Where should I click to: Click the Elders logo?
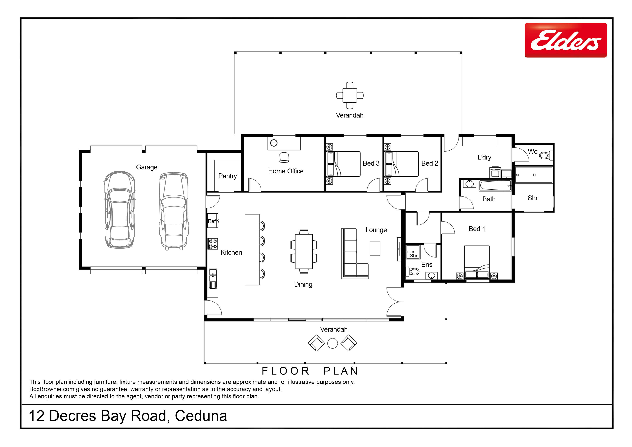(x=566, y=40)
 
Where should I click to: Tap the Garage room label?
(x=147, y=167)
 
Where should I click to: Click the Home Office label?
(x=286, y=171)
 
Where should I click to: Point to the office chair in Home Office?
(x=284, y=158)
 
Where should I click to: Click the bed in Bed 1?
(x=477, y=262)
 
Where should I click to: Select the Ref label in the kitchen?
(x=212, y=221)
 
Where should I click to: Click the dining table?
(x=304, y=251)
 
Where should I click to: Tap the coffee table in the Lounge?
(x=375, y=248)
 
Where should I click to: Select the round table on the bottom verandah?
(x=333, y=343)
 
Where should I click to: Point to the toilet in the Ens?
(x=413, y=272)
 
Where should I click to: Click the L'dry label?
(x=484, y=157)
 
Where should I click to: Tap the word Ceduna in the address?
(x=201, y=416)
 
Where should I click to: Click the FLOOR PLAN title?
(x=310, y=371)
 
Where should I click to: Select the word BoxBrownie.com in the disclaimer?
(x=52, y=389)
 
